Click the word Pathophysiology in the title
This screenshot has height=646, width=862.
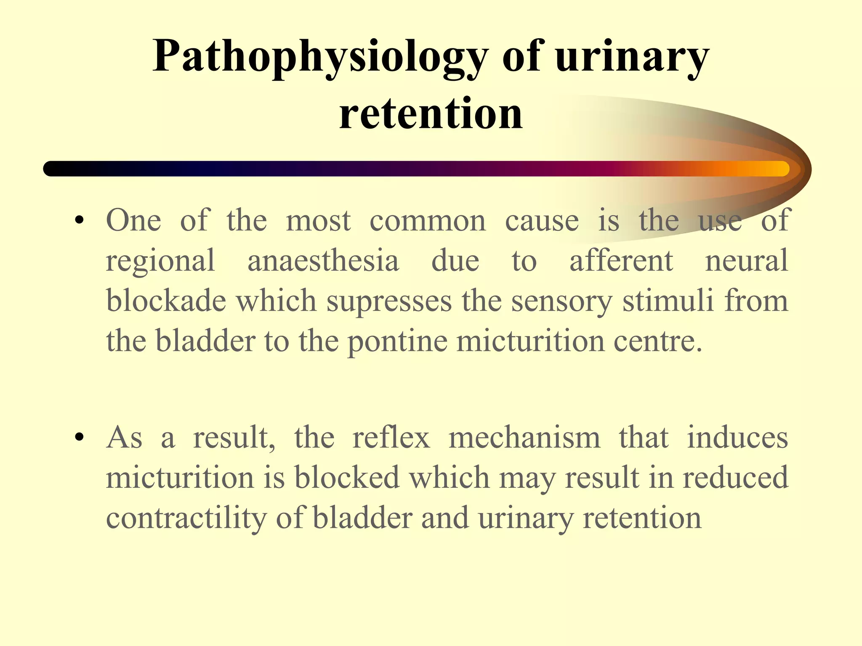click(x=320, y=57)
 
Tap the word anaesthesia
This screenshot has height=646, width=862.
click(x=323, y=261)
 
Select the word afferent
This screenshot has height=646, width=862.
click(x=621, y=261)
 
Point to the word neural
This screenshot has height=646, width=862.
click(x=746, y=261)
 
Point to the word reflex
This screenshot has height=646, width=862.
click(x=391, y=438)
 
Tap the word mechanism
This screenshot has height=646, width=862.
click(x=524, y=438)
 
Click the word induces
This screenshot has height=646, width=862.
click(x=737, y=438)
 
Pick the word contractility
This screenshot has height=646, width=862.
click(x=186, y=518)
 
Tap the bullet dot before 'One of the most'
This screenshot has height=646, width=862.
click(x=79, y=221)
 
